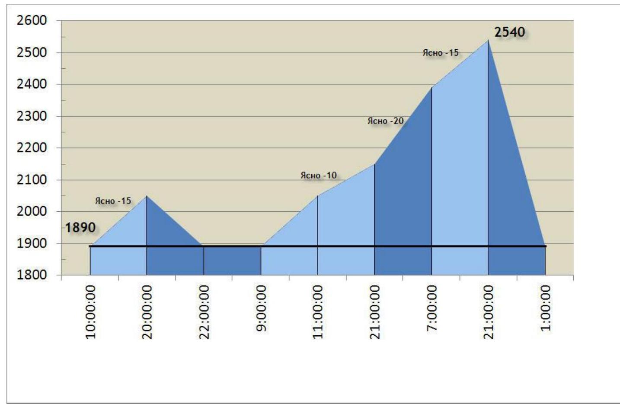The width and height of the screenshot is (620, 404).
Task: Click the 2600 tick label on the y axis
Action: coord(32,21)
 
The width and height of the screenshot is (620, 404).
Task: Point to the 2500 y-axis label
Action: coord(32,53)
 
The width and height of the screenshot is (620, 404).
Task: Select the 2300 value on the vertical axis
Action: coord(32,116)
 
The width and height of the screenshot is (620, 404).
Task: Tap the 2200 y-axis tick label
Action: coord(32,148)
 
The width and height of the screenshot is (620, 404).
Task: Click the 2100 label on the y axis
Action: coord(32,180)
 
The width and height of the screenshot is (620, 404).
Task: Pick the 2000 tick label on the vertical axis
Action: coord(32,212)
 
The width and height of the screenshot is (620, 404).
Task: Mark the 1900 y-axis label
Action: coord(32,244)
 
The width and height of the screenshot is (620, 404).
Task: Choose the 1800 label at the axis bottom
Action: coord(32,275)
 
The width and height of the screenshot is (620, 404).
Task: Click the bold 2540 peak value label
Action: coord(509,32)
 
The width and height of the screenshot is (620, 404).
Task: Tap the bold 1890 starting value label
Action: coord(80,228)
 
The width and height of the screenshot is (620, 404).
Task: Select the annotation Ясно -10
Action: coord(319,175)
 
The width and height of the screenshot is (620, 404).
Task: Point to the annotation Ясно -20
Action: coord(386,121)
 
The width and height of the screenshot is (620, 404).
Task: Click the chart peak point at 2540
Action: coord(488,40)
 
